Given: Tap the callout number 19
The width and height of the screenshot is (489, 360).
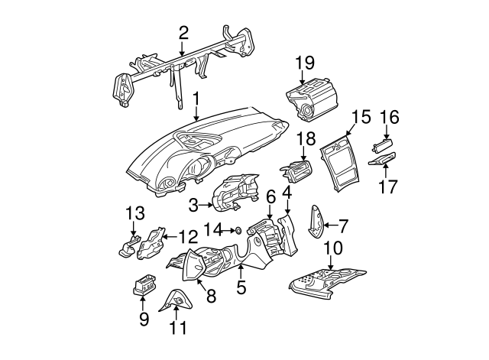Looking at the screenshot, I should point(305,63).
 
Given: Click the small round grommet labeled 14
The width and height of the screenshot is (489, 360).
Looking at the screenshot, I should point(238,229).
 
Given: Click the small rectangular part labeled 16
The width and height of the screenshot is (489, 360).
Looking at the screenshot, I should point(383,144).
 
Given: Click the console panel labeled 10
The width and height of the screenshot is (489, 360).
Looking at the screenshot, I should point(329,281).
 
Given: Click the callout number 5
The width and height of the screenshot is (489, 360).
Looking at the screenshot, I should point(241,289).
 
